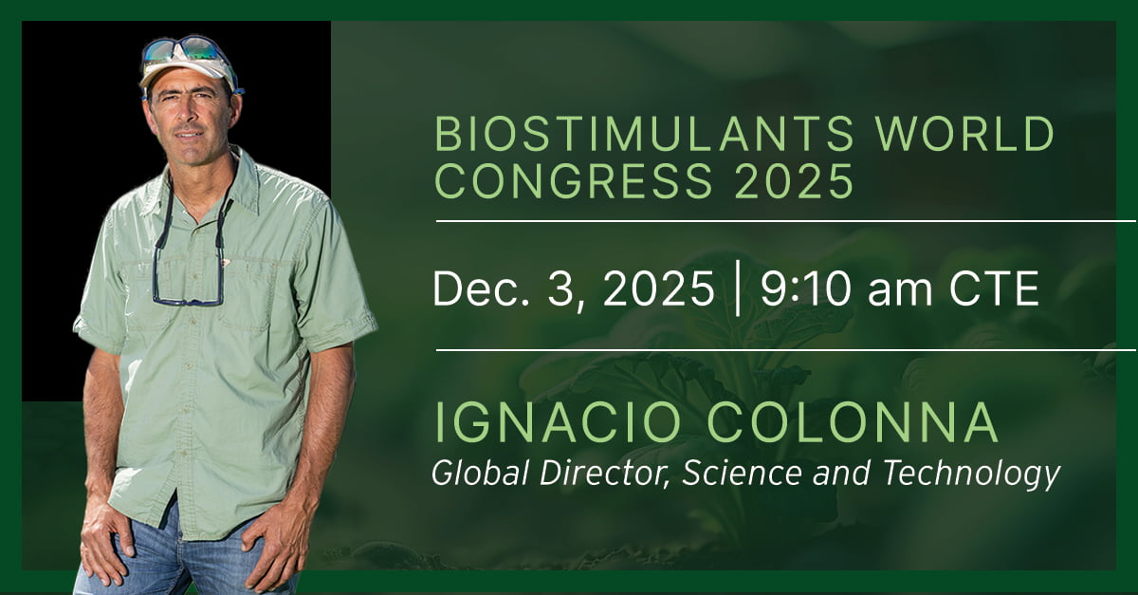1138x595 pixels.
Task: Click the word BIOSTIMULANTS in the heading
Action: point(644,134)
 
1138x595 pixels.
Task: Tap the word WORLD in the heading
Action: point(964,134)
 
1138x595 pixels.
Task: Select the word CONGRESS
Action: point(574,180)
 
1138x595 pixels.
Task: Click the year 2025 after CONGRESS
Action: point(794,180)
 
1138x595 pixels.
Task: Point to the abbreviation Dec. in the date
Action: point(480,288)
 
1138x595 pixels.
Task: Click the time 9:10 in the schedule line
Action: point(805,288)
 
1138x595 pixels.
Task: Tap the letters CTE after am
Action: point(994,288)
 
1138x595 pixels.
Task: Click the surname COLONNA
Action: point(853,422)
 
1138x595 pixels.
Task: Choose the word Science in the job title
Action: point(742,473)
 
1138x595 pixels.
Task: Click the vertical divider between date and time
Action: point(738,288)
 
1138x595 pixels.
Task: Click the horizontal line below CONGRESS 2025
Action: point(785,221)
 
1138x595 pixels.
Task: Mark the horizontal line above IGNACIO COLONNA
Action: point(785,350)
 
